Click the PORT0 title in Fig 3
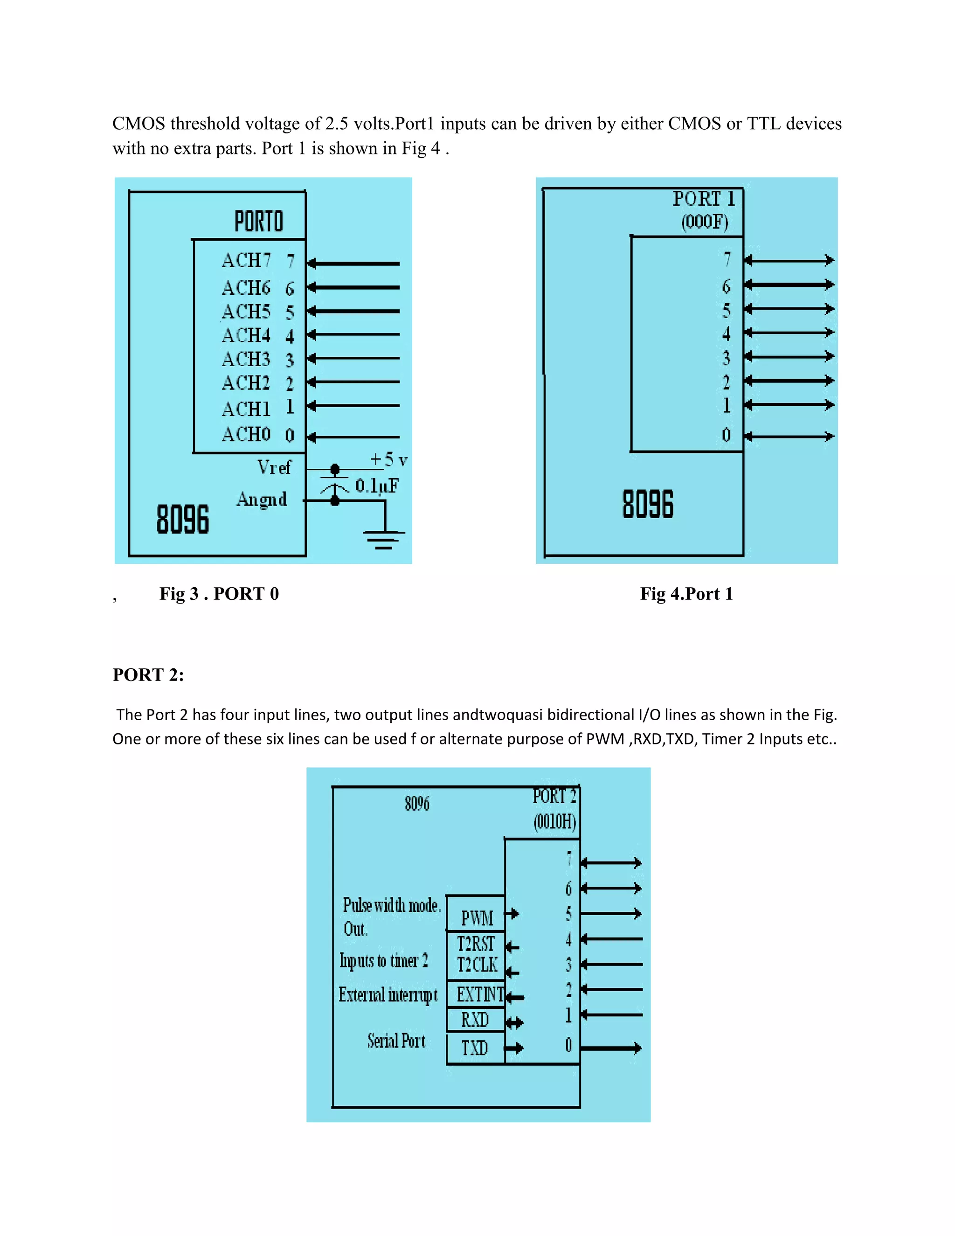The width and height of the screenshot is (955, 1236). coord(258,221)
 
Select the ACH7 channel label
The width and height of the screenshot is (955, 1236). coord(246,260)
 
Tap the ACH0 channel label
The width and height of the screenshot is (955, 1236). coord(246,435)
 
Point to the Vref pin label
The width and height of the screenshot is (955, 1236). coord(274,467)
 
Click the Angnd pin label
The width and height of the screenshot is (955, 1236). coord(262,499)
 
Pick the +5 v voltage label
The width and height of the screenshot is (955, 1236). coord(389,459)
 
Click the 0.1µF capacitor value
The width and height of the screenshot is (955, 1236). coord(377,486)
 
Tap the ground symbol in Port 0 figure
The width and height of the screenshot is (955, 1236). coord(384,539)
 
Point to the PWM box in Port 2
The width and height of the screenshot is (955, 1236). coord(477,918)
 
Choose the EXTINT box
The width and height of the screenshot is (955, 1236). coord(480,994)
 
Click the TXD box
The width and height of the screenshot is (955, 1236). coord(475,1048)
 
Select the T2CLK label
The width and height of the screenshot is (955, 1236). coord(477,965)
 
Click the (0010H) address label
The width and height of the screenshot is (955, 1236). coord(554,821)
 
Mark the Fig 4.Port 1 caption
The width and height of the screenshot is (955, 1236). coord(686,594)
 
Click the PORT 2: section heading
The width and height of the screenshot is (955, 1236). coord(148,674)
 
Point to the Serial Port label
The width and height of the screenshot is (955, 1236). coord(396,1041)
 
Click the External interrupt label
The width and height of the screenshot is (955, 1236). coord(388,995)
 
